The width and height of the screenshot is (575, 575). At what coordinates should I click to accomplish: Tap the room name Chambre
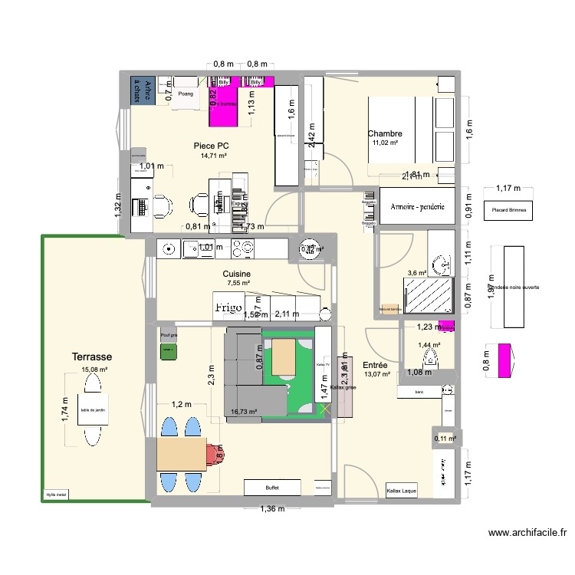tap(385, 133)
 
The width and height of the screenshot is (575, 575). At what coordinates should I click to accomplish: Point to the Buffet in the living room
tap(272, 488)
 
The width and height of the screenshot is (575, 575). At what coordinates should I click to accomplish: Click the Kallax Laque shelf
tap(402, 491)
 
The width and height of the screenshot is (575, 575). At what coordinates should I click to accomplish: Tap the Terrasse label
tap(93, 357)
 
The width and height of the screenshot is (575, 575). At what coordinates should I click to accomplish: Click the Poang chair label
tap(186, 94)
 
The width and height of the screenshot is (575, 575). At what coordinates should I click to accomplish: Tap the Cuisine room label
tap(237, 274)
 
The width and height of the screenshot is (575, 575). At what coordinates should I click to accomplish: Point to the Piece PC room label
tap(212, 145)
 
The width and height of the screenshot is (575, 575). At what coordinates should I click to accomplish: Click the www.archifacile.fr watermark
tap(528, 534)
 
